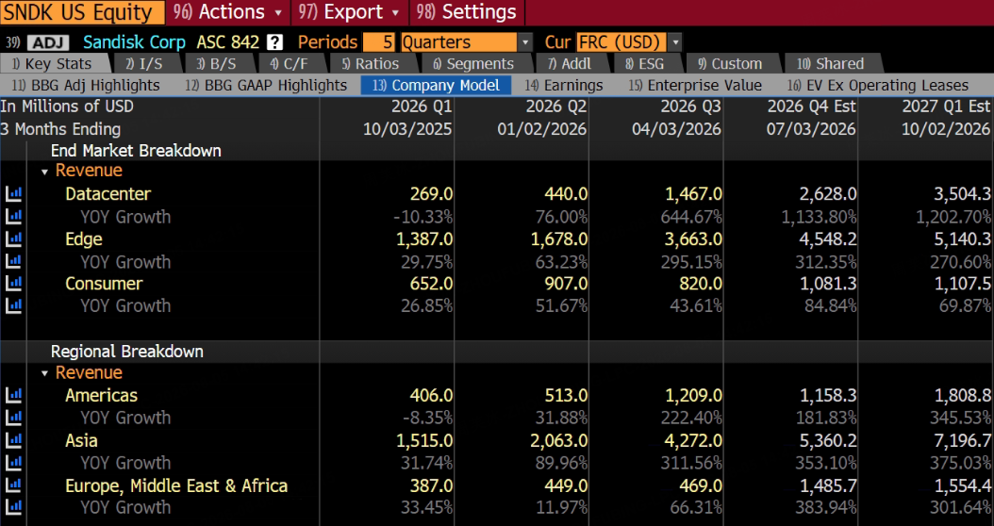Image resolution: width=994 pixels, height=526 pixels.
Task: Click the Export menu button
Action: pyautogui.click(x=350, y=12)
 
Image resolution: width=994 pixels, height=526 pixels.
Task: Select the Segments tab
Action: pyautogui.click(x=472, y=64)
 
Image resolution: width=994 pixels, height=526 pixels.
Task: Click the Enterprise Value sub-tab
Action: pyautogui.click(x=695, y=86)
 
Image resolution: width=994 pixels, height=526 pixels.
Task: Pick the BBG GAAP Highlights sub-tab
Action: pyautogui.click(x=266, y=86)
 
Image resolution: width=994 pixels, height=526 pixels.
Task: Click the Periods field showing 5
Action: pyautogui.click(x=380, y=42)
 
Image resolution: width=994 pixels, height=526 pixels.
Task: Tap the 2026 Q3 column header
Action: pyautogui.click(x=690, y=107)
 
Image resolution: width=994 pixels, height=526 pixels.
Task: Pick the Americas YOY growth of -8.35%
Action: pyautogui.click(x=425, y=419)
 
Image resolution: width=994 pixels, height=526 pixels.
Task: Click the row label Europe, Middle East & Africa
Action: pyautogui.click(x=176, y=486)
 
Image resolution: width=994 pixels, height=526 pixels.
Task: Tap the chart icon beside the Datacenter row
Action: pyautogui.click(x=13, y=194)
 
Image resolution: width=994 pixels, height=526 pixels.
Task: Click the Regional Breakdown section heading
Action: pyautogui.click(x=126, y=352)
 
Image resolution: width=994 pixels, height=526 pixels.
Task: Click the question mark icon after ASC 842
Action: pyautogui.click(x=274, y=42)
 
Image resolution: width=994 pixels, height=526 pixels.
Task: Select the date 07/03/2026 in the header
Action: pyautogui.click(x=812, y=129)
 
